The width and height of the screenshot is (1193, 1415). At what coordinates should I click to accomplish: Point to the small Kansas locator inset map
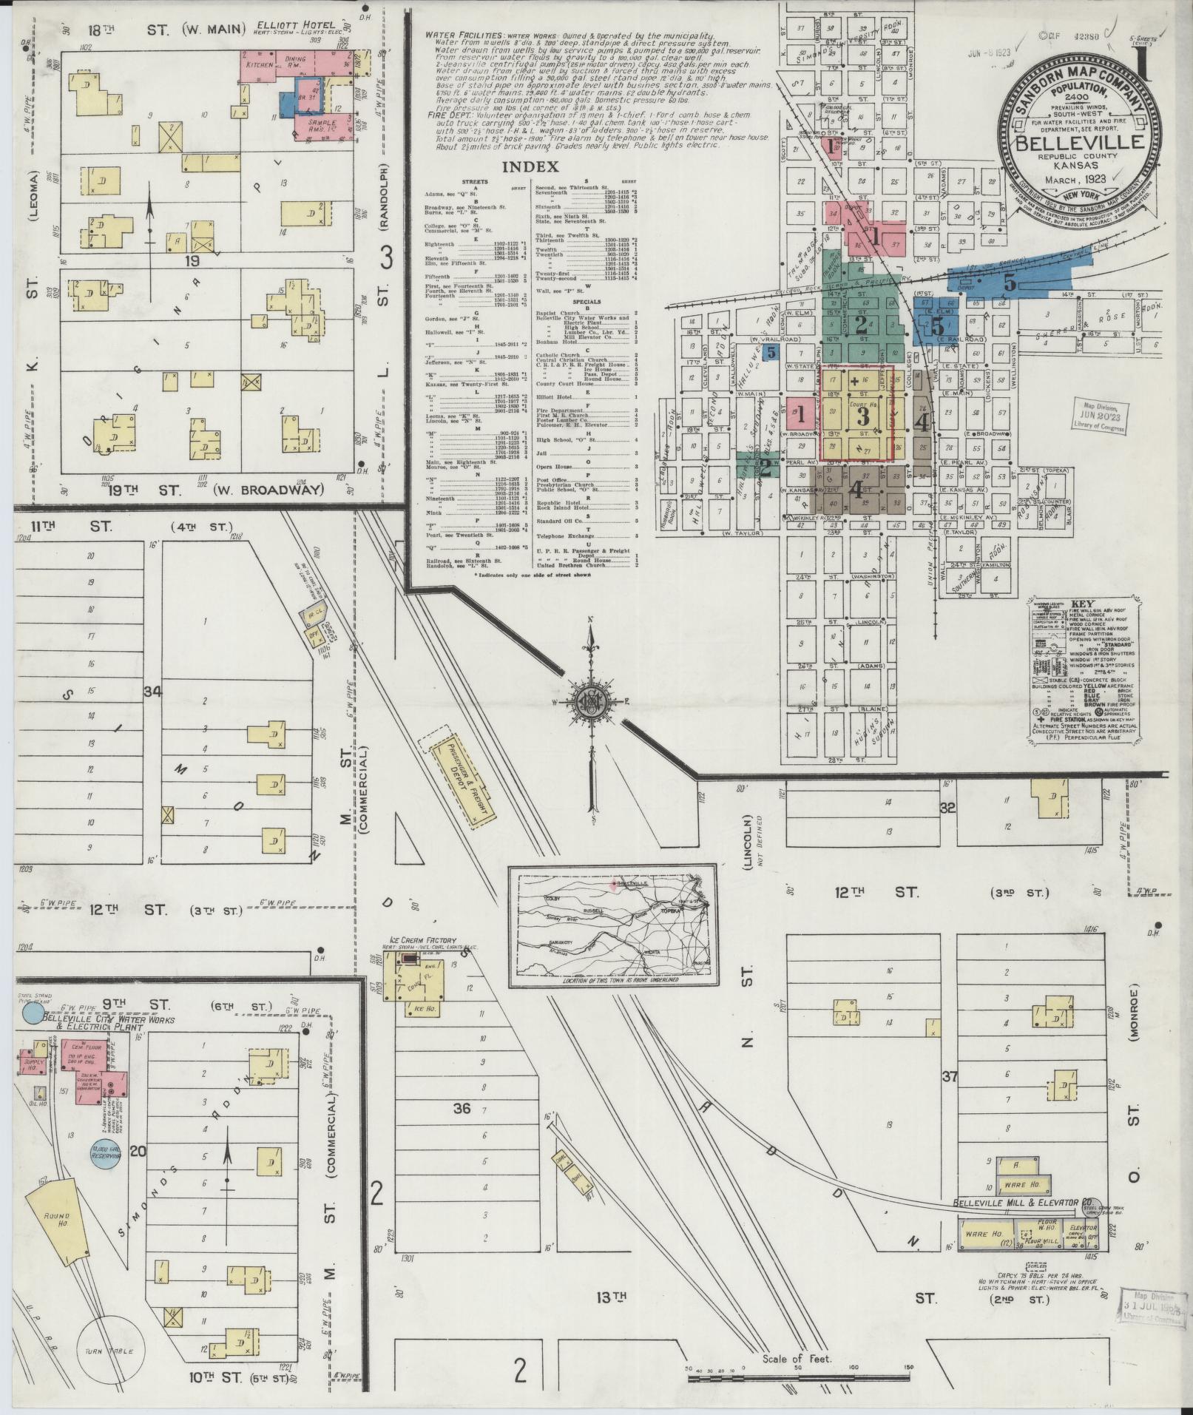click(x=614, y=925)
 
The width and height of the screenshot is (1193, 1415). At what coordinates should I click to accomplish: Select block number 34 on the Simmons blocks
click(x=153, y=692)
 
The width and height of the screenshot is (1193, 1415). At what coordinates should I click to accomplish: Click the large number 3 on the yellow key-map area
click(x=862, y=416)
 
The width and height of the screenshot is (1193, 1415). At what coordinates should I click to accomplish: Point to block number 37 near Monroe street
click(x=950, y=1076)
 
